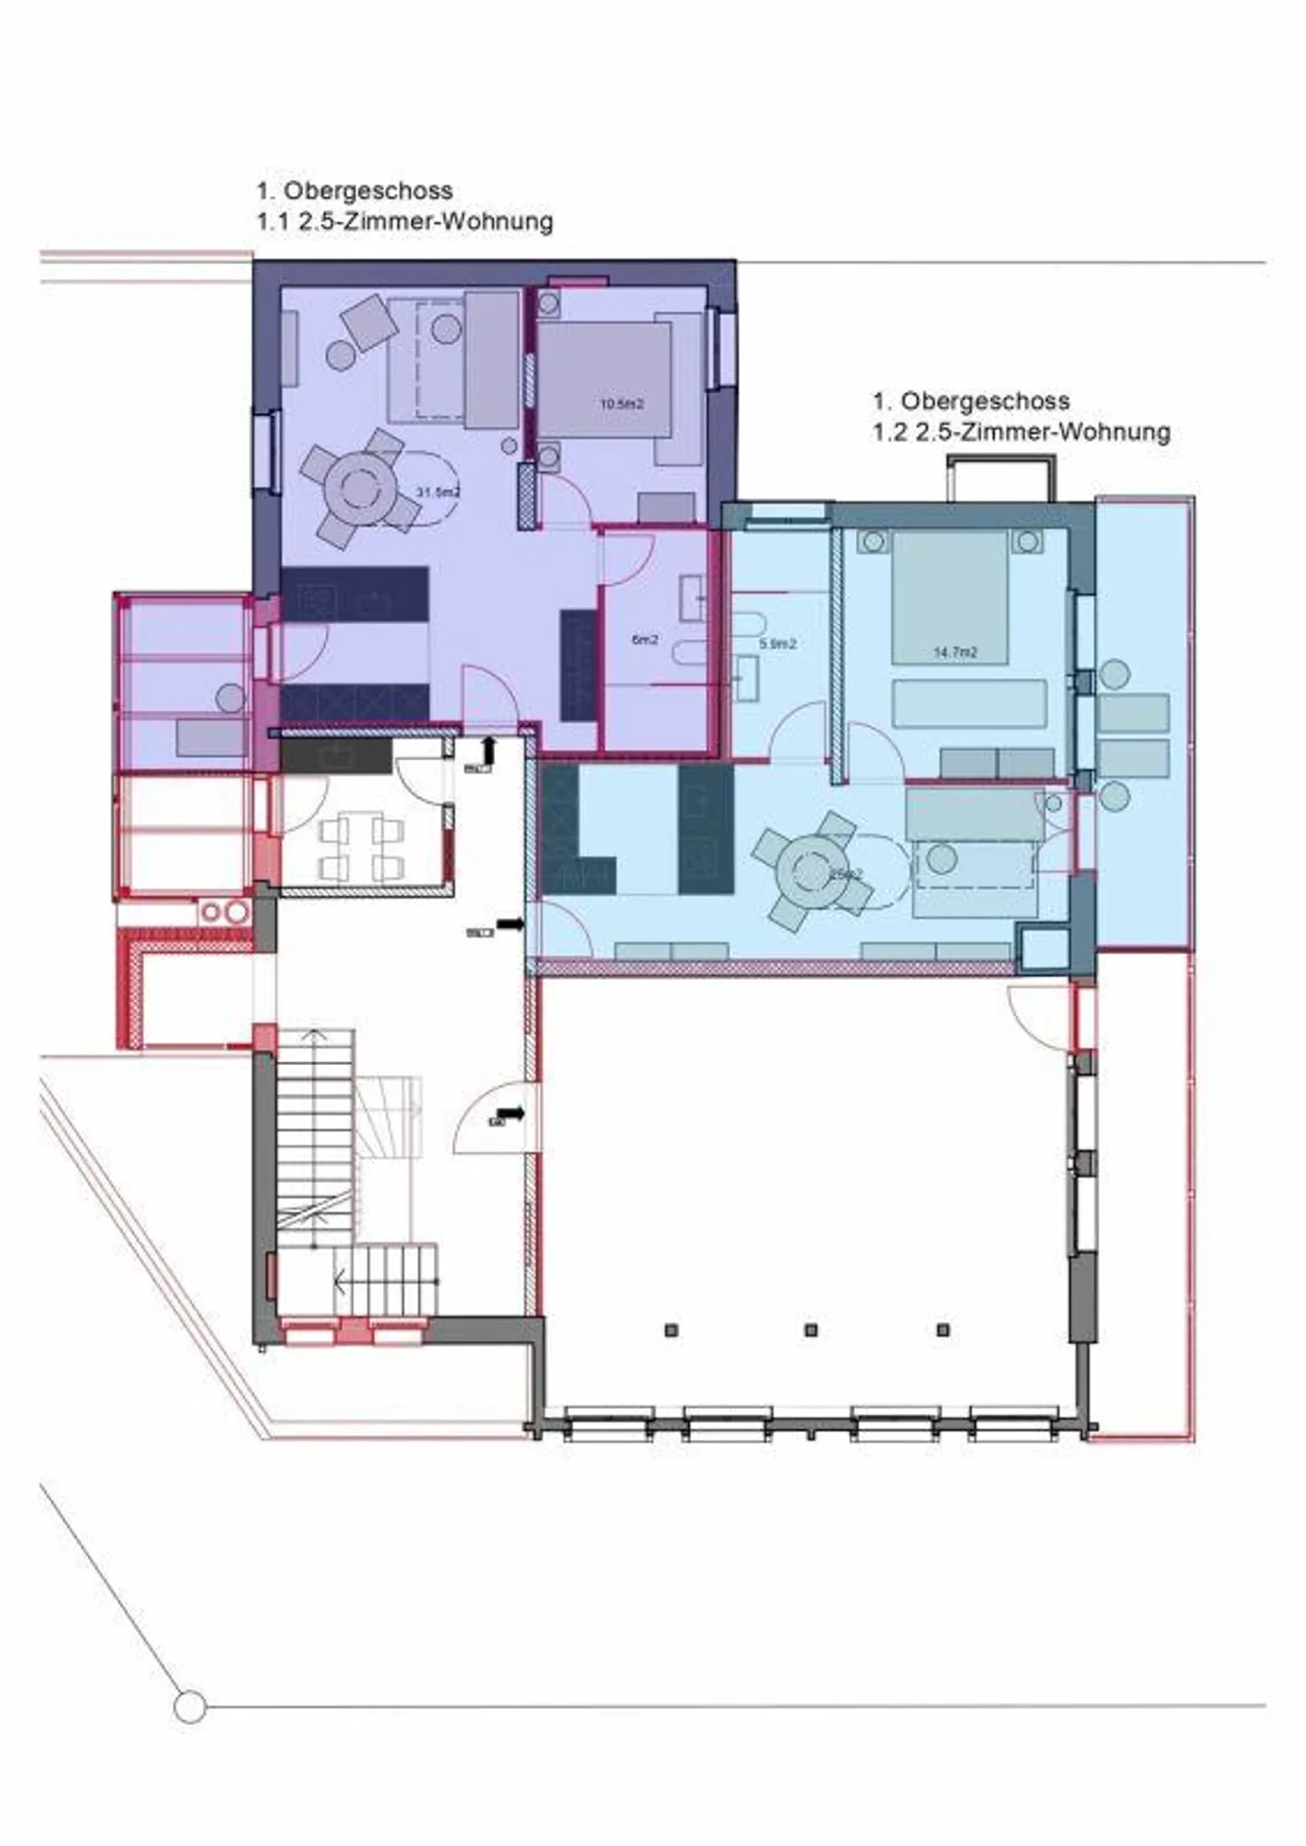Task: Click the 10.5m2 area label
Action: [621, 404]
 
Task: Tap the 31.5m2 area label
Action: [437, 493]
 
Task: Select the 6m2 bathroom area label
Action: [644, 640]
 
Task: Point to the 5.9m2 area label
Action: [777, 644]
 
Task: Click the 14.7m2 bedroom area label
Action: [955, 651]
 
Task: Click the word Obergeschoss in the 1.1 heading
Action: [368, 190]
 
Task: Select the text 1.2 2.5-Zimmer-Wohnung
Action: [1021, 432]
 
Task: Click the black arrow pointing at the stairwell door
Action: [511, 1112]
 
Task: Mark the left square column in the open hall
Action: [671, 1330]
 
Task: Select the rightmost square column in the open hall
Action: [943, 1330]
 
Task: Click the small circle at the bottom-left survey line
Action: [190, 1707]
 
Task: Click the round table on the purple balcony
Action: [230, 698]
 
